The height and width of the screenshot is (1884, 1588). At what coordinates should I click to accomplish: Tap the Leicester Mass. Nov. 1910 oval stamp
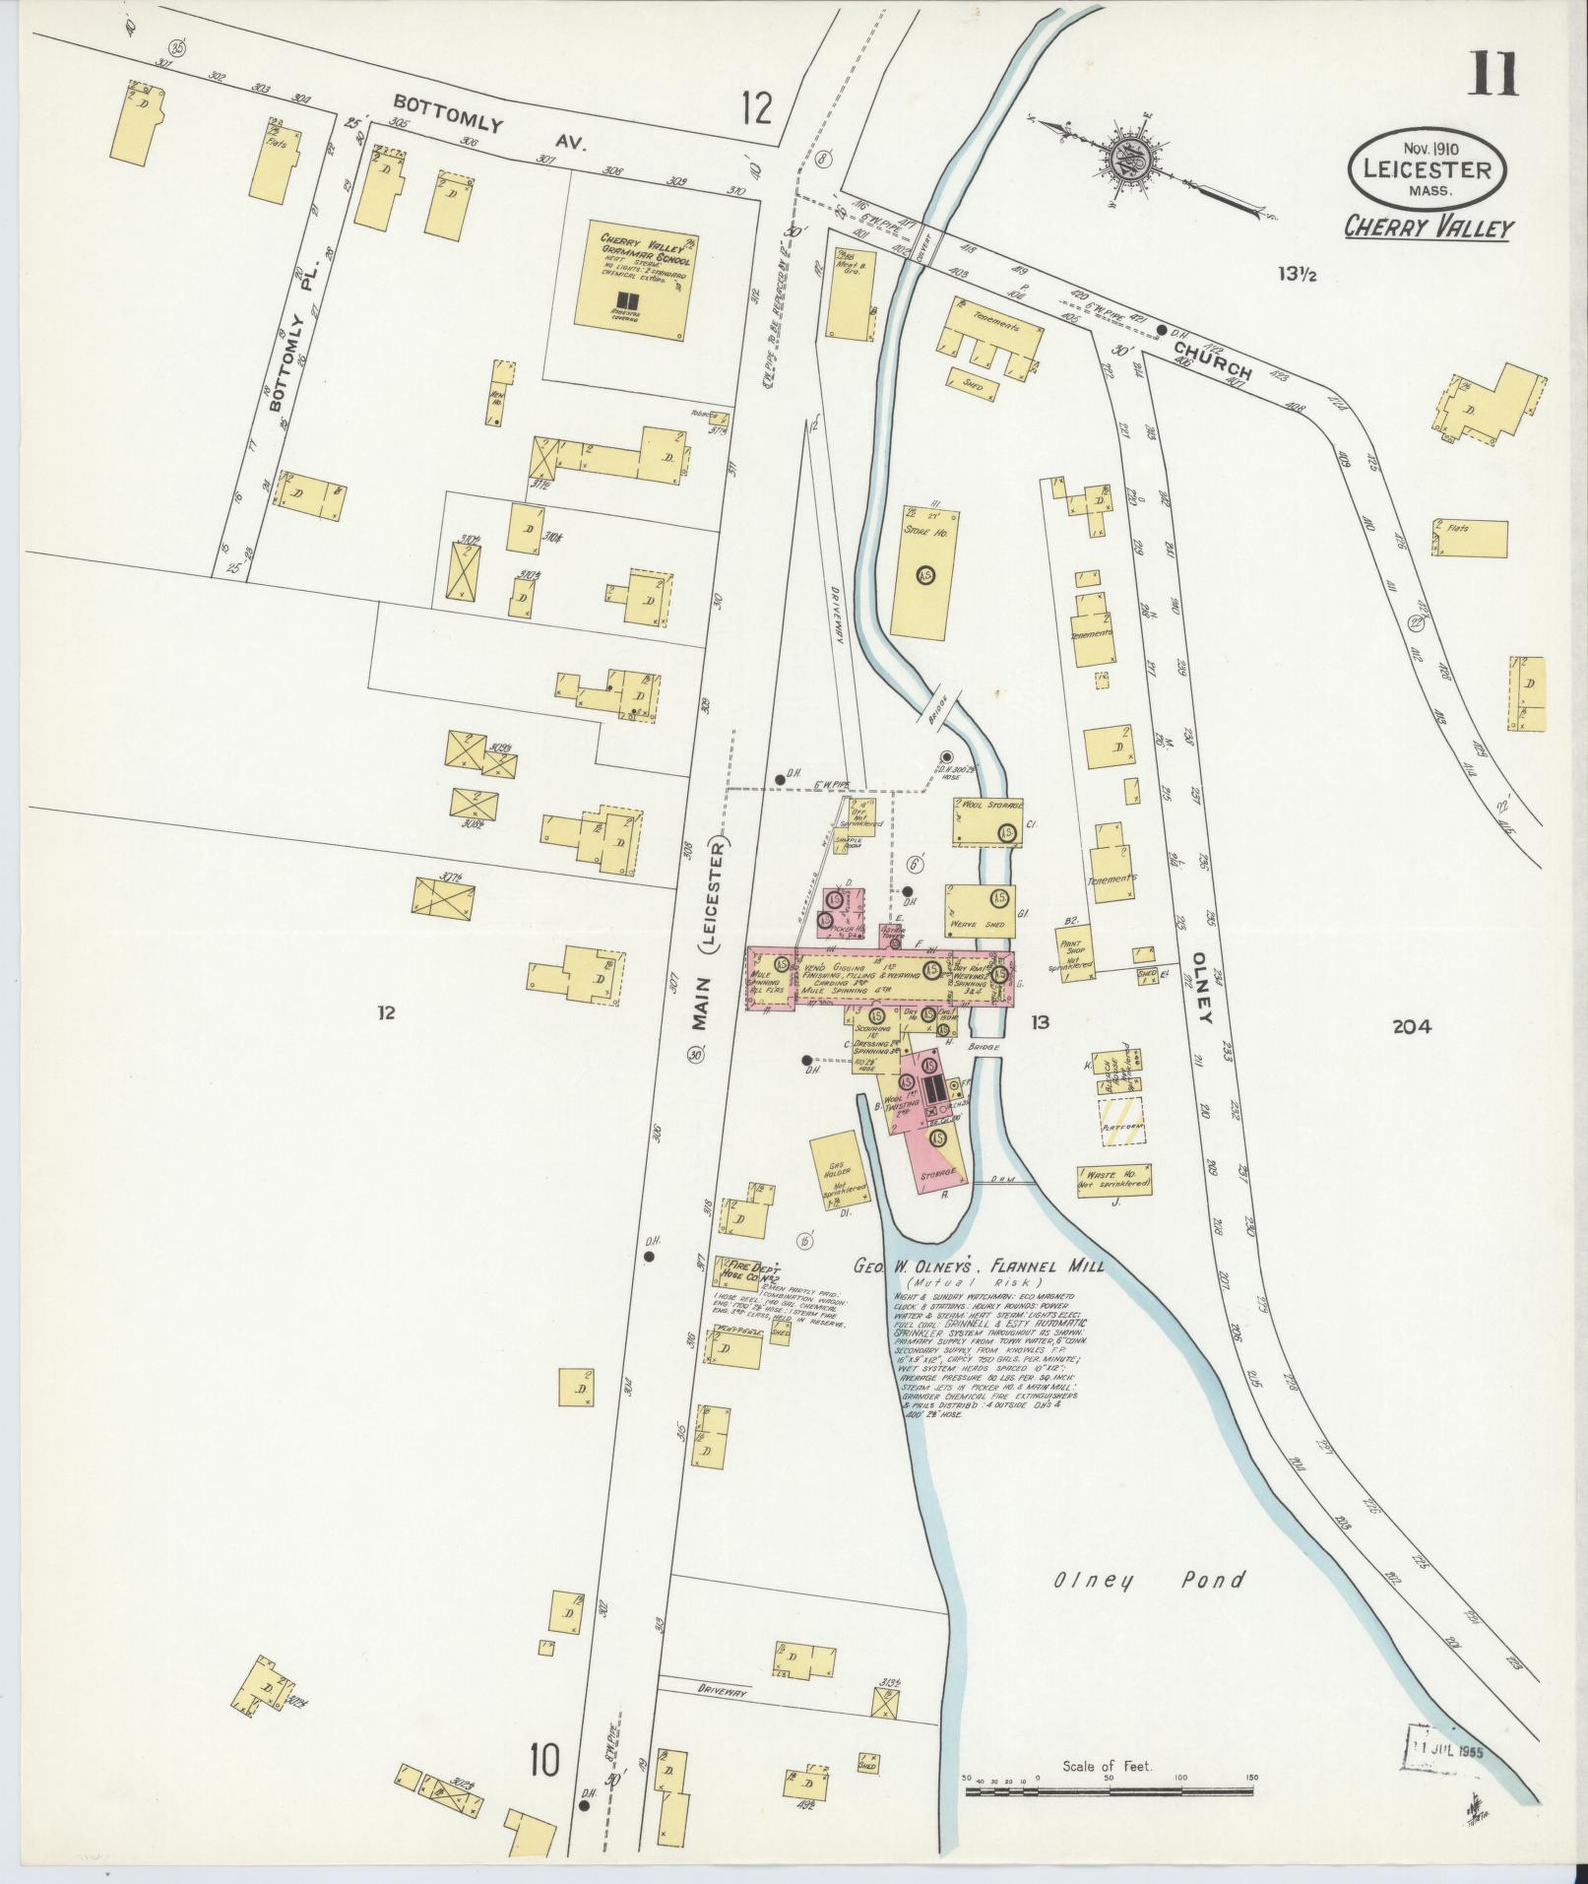[1427, 167]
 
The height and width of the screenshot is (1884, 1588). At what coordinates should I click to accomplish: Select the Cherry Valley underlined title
[1429, 228]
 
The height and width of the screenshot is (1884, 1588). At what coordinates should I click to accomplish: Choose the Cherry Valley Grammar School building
[629, 279]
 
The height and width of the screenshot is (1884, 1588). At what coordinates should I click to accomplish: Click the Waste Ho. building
[1113, 1180]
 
